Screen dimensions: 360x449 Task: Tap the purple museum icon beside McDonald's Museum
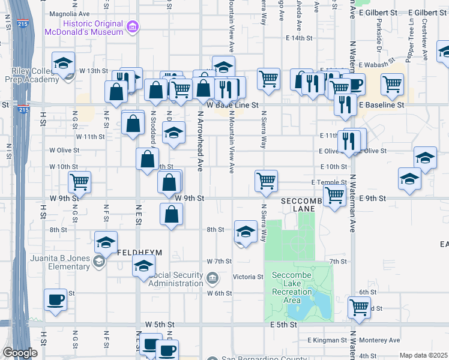132,26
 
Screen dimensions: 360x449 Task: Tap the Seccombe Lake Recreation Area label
292,287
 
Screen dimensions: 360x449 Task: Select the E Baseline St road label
382,105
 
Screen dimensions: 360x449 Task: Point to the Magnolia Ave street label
69,13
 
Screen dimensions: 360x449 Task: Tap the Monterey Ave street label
379,340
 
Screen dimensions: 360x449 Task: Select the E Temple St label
329,182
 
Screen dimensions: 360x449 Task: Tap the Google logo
20,353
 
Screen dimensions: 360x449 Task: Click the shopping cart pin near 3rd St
359,307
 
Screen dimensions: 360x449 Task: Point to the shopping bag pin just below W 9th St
172,214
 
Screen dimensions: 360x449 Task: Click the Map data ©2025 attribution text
423,355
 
